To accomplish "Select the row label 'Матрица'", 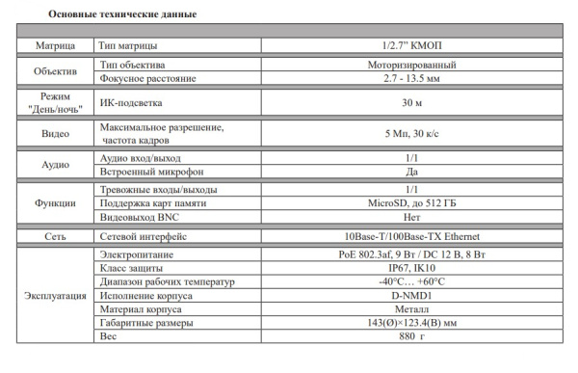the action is (x=55, y=46).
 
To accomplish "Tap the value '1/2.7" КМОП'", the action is (x=411, y=46).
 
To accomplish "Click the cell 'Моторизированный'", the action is (x=411, y=65).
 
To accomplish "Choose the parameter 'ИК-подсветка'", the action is (x=132, y=101).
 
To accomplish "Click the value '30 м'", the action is (x=411, y=101).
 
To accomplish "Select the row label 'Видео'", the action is (x=55, y=134).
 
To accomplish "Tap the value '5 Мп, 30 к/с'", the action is (x=411, y=134).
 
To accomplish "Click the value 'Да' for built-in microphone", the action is (x=411, y=171).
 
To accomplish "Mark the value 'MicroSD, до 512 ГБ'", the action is (x=411, y=203).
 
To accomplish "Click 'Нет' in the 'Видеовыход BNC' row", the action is (x=411, y=217).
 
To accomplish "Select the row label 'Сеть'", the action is (x=55, y=236).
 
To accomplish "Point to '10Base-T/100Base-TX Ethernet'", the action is (x=411, y=236).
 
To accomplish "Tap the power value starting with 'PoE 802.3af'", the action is (x=411, y=254).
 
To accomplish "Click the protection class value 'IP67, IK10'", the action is (x=411, y=268).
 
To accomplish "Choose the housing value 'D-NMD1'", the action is (x=411, y=295).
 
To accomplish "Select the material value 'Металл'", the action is (x=411, y=309).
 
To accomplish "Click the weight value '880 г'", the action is (x=411, y=337).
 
